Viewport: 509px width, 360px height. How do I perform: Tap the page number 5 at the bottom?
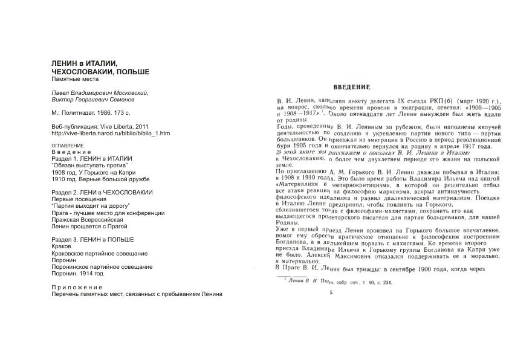pyautogui.click(x=331, y=293)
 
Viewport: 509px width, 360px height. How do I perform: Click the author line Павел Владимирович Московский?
pyautogui.click(x=99, y=92)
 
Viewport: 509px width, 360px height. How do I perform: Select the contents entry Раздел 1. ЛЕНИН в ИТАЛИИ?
pyautogui.click(x=91, y=158)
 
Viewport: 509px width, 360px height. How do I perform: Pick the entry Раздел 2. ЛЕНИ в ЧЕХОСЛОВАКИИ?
pyautogui.click(x=102, y=192)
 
